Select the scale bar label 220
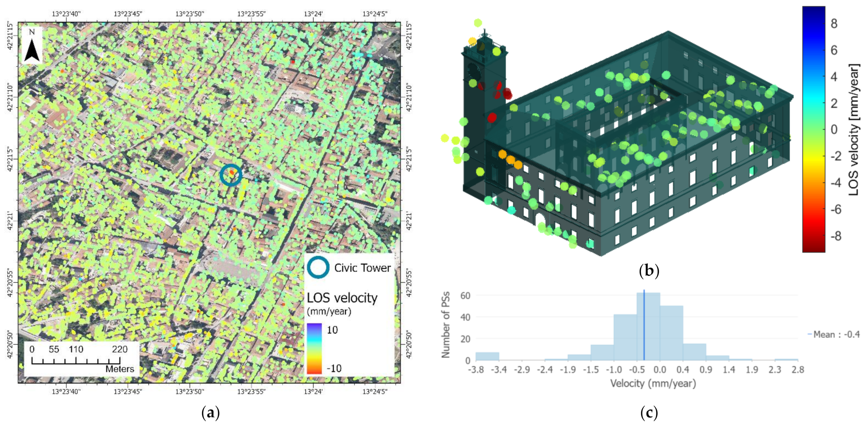120,349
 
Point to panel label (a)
210,413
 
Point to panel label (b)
649,271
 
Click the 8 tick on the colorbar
834,24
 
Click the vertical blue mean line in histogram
644,325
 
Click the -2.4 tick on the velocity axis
544,370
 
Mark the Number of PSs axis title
446,324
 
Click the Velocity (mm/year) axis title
653,384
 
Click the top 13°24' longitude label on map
313,14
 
